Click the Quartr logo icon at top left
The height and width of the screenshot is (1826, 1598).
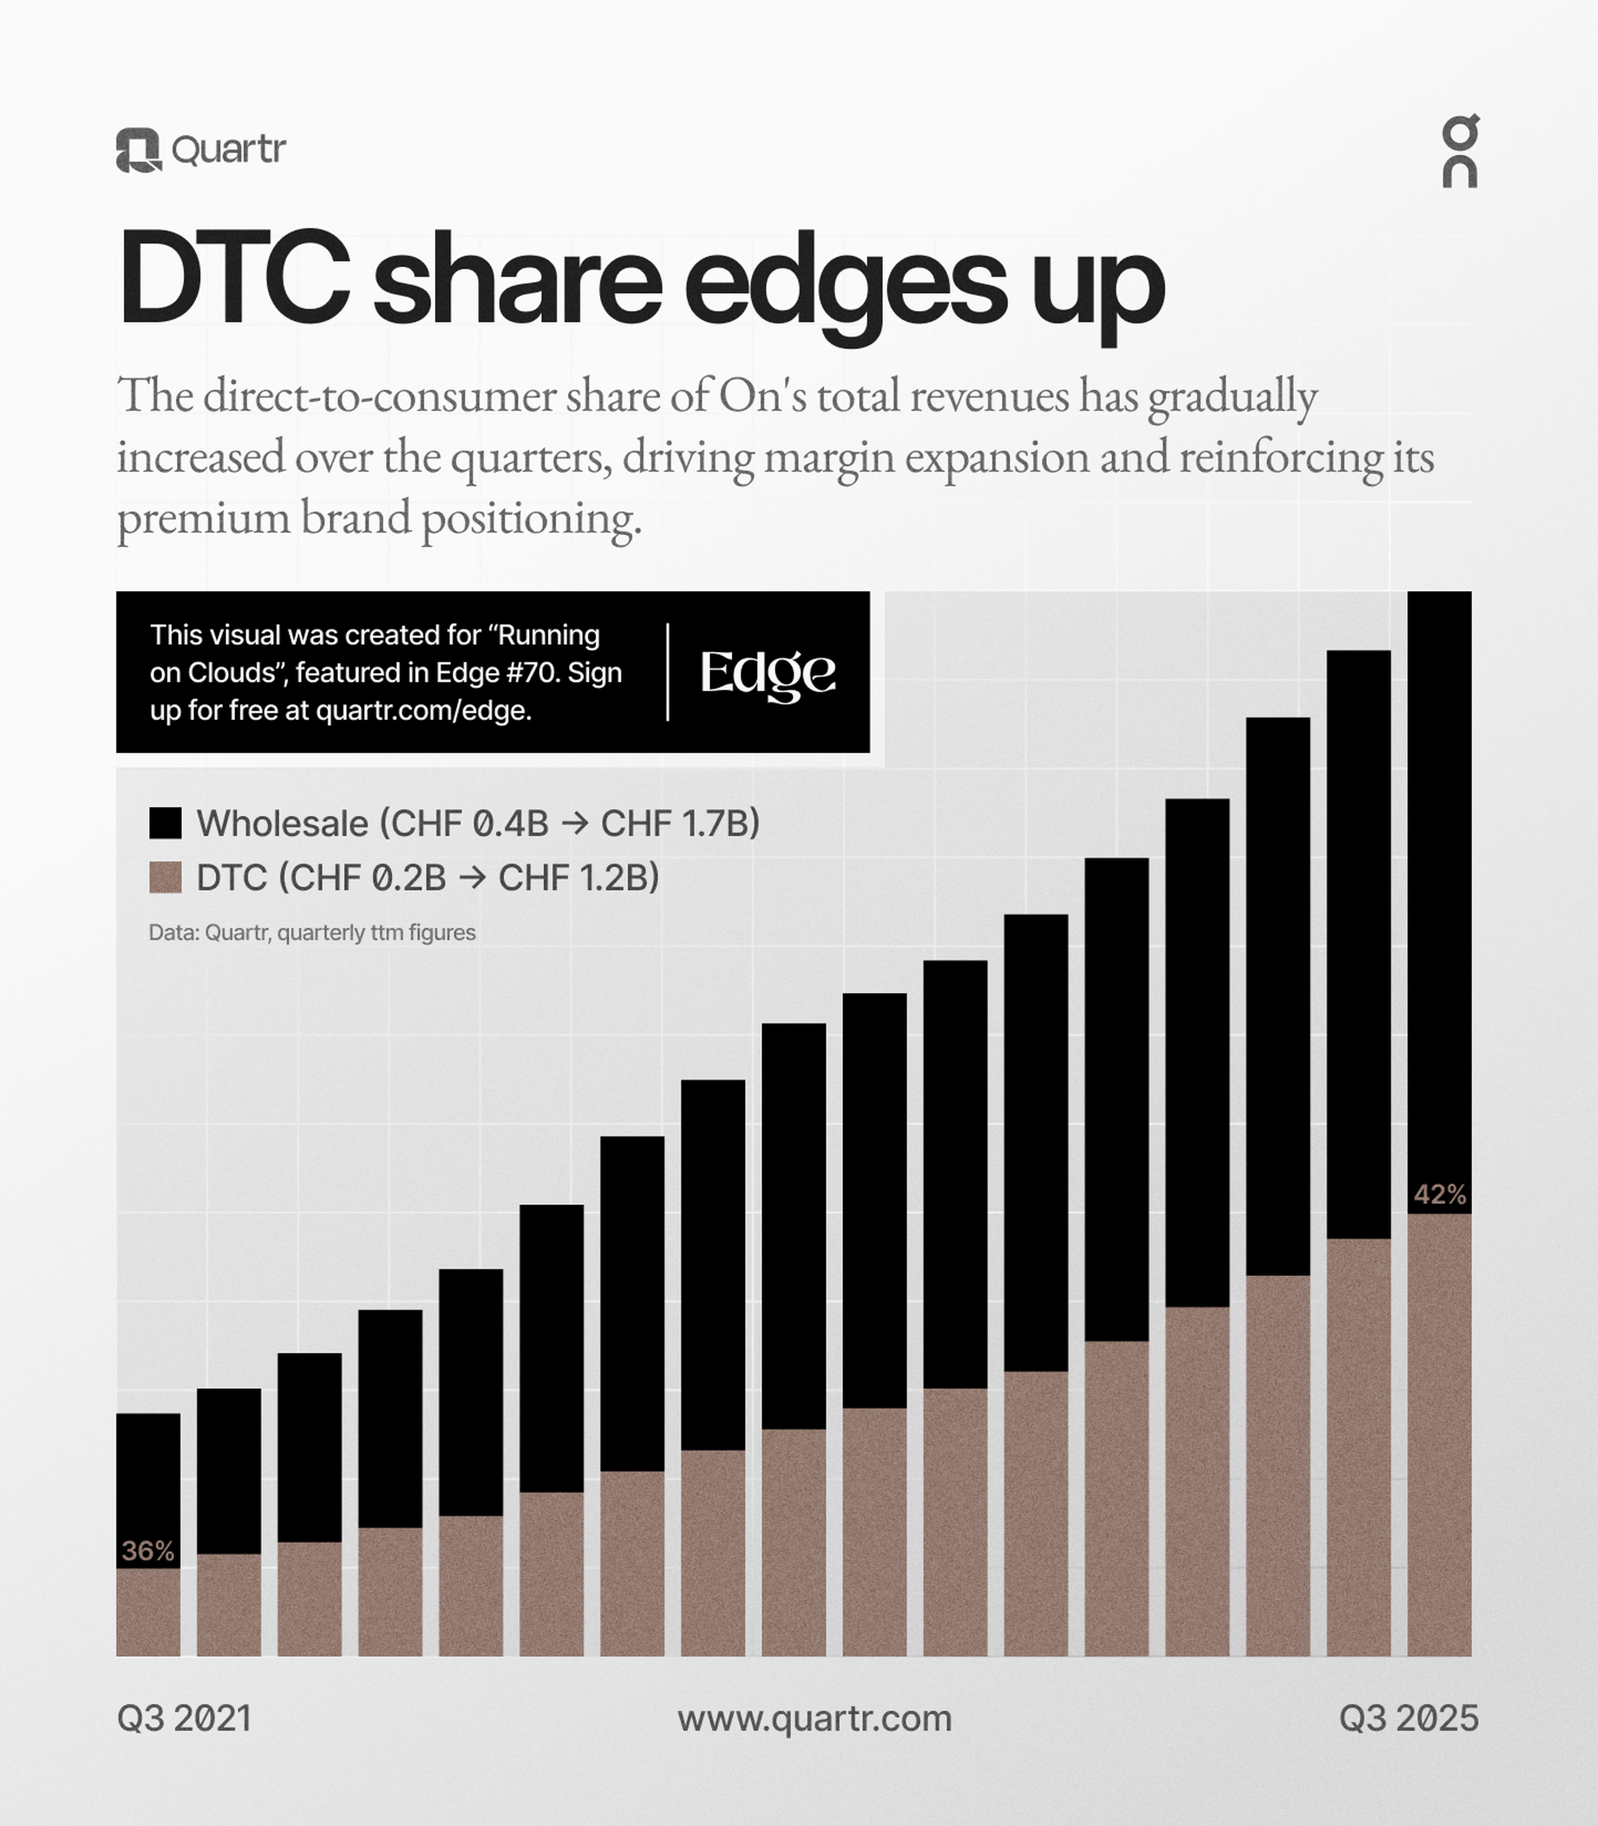click(x=138, y=150)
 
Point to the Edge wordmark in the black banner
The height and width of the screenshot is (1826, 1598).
click(x=768, y=673)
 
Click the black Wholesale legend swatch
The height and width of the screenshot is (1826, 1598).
click(x=165, y=823)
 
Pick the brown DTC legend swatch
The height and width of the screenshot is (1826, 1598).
click(x=165, y=877)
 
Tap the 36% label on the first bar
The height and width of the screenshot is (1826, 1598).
click(x=148, y=1551)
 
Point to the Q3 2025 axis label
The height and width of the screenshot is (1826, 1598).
click(x=1408, y=1718)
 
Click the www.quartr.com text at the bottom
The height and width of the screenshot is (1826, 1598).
click(x=814, y=1718)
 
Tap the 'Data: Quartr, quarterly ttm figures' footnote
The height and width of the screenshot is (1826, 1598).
click(x=312, y=933)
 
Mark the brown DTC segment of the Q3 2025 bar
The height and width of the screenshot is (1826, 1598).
click(x=1439, y=1436)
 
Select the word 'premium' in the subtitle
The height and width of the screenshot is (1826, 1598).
click(x=203, y=519)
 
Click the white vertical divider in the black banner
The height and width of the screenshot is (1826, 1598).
click(x=668, y=672)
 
